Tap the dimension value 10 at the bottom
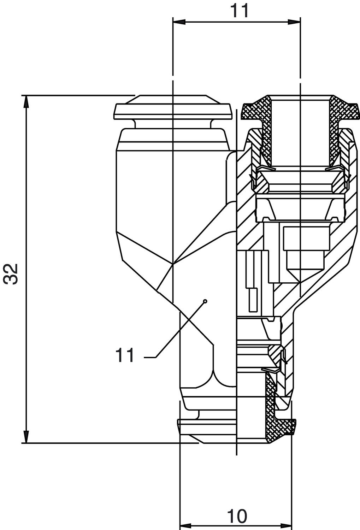click(237, 517)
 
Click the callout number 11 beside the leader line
click(125, 355)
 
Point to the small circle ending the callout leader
click(205, 301)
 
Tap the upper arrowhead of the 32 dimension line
click(26, 101)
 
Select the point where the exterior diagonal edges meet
click(173, 264)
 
